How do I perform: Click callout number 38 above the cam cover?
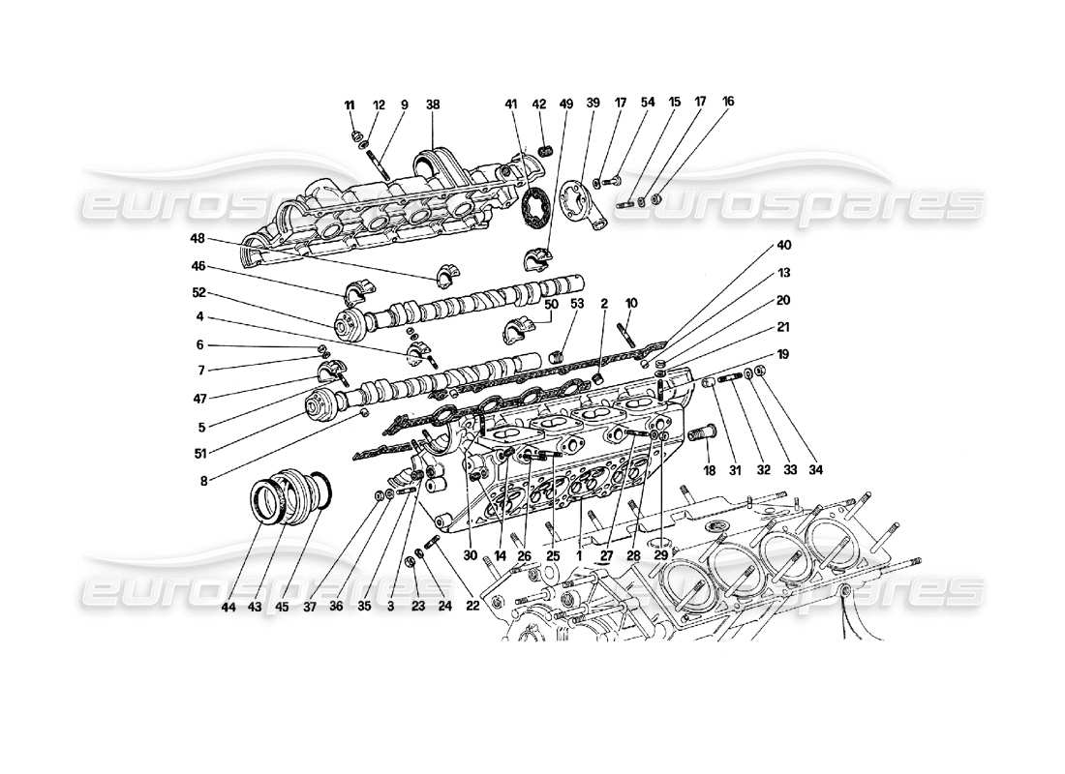coord(432,104)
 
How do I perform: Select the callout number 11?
coord(350,104)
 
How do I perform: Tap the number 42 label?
coord(539,104)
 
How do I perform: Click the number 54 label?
coord(648,101)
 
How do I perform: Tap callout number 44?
coord(228,607)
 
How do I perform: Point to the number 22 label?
coord(471,607)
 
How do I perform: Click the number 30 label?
coord(472,556)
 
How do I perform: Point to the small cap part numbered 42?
coord(545,150)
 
